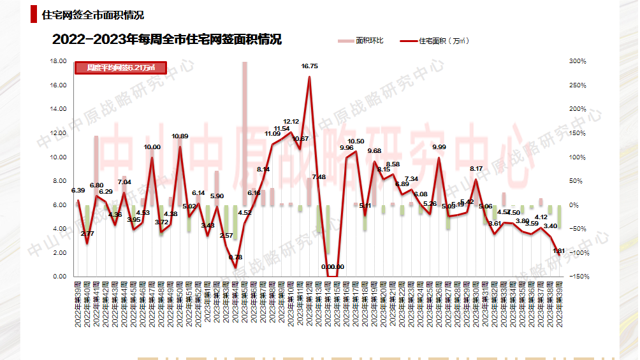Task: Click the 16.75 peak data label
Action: point(310,66)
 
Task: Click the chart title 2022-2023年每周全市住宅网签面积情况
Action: point(167,40)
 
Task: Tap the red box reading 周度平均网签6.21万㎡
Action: point(121,68)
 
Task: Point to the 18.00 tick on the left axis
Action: point(58,61)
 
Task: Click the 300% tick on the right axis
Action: point(578,61)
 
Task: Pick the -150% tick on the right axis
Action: point(578,277)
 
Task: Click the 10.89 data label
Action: point(180,136)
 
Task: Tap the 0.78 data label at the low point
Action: point(235,257)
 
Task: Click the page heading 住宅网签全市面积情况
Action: point(92,15)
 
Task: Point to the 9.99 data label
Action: point(439,147)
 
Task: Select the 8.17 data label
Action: point(476,169)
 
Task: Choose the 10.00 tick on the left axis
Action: point(58,157)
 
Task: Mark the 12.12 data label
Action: point(291,122)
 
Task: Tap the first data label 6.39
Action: point(78,191)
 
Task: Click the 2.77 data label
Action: point(87,234)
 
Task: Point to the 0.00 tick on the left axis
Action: point(60,277)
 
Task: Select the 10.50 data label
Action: point(356,141)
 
